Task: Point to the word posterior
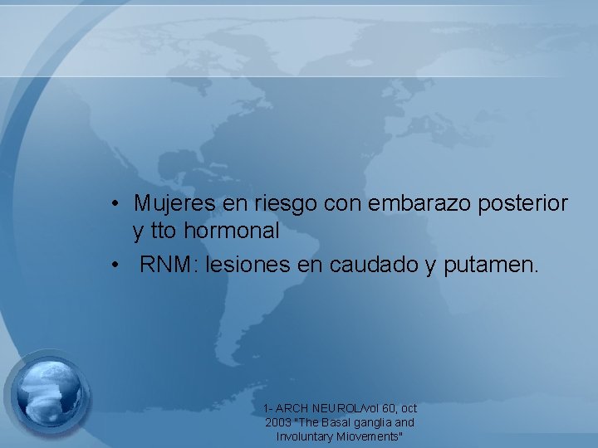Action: coord(523,203)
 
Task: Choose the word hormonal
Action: coord(232,231)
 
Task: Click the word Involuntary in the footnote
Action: coord(303,436)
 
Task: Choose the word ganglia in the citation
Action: coord(372,423)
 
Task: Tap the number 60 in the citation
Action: coord(389,409)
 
